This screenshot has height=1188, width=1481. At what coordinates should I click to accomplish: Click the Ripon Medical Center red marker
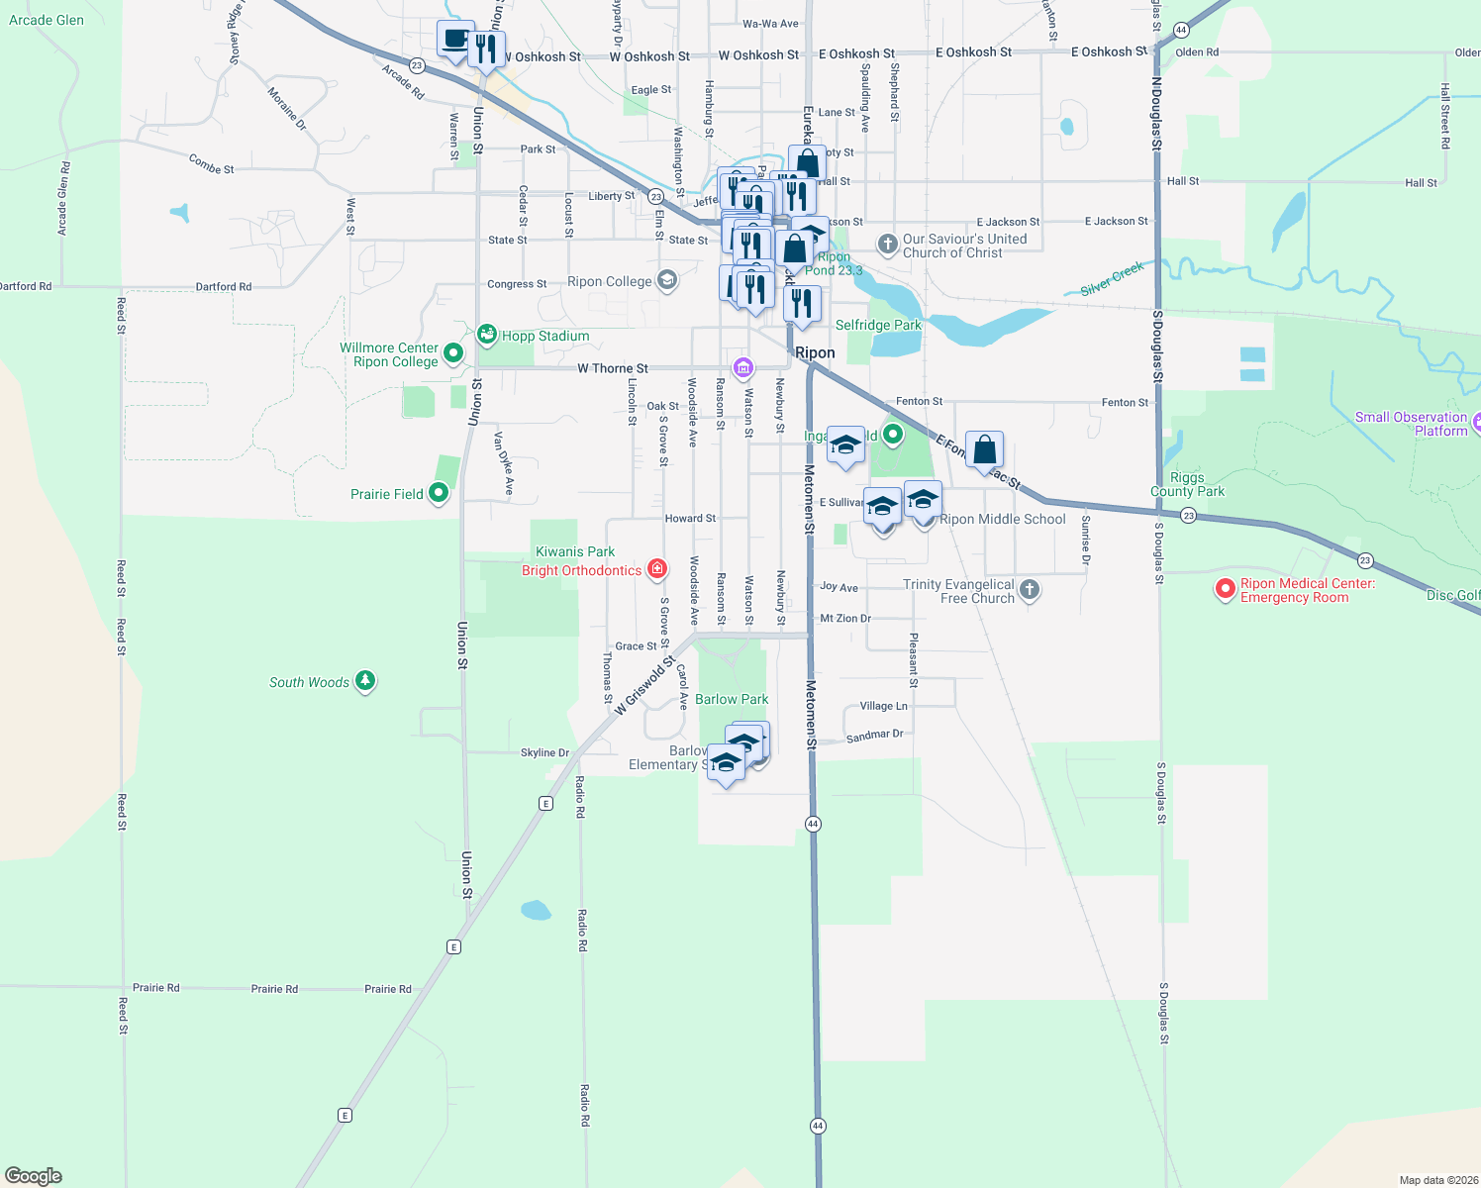1226,590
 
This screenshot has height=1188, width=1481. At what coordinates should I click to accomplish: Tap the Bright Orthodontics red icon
656,569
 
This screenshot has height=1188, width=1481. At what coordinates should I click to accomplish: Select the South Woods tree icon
365,681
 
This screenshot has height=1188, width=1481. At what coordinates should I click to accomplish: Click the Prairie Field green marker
440,493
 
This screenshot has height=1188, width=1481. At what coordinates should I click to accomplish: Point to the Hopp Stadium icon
487,335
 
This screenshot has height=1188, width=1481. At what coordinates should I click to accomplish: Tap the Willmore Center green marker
453,352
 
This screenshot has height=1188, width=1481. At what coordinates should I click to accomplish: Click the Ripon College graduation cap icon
667,281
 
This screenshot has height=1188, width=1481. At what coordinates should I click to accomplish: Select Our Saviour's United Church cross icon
888,244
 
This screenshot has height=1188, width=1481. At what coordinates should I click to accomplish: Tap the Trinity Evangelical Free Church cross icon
1030,590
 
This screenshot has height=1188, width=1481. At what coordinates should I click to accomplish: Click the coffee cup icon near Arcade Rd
455,40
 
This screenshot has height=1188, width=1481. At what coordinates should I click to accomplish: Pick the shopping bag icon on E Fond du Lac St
985,450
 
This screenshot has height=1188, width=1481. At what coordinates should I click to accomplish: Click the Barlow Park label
732,699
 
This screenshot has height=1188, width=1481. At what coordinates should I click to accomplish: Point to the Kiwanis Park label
575,551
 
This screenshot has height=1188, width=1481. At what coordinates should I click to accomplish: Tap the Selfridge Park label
878,325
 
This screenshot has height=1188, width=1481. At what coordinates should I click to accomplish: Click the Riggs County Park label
1187,484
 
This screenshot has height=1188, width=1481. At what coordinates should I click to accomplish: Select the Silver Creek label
1112,278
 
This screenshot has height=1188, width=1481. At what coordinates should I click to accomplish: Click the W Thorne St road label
613,368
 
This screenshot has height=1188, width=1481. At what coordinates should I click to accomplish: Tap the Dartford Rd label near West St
223,287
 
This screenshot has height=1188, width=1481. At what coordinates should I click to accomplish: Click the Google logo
34,1176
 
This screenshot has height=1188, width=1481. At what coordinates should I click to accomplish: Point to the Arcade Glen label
47,20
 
